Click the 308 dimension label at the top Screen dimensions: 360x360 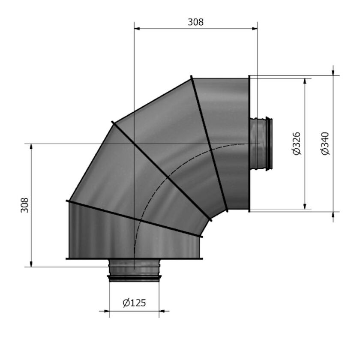[195, 22]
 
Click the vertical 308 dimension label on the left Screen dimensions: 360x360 [24, 205]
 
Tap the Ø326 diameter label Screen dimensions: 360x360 [297, 143]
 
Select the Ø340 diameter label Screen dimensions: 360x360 [325, 143]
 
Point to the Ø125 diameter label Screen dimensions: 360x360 [134, 303]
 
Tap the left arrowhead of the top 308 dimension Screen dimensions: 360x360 [137, 28]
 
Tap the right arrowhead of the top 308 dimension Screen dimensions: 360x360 [255, 28]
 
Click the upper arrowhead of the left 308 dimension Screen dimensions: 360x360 [31, 147]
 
